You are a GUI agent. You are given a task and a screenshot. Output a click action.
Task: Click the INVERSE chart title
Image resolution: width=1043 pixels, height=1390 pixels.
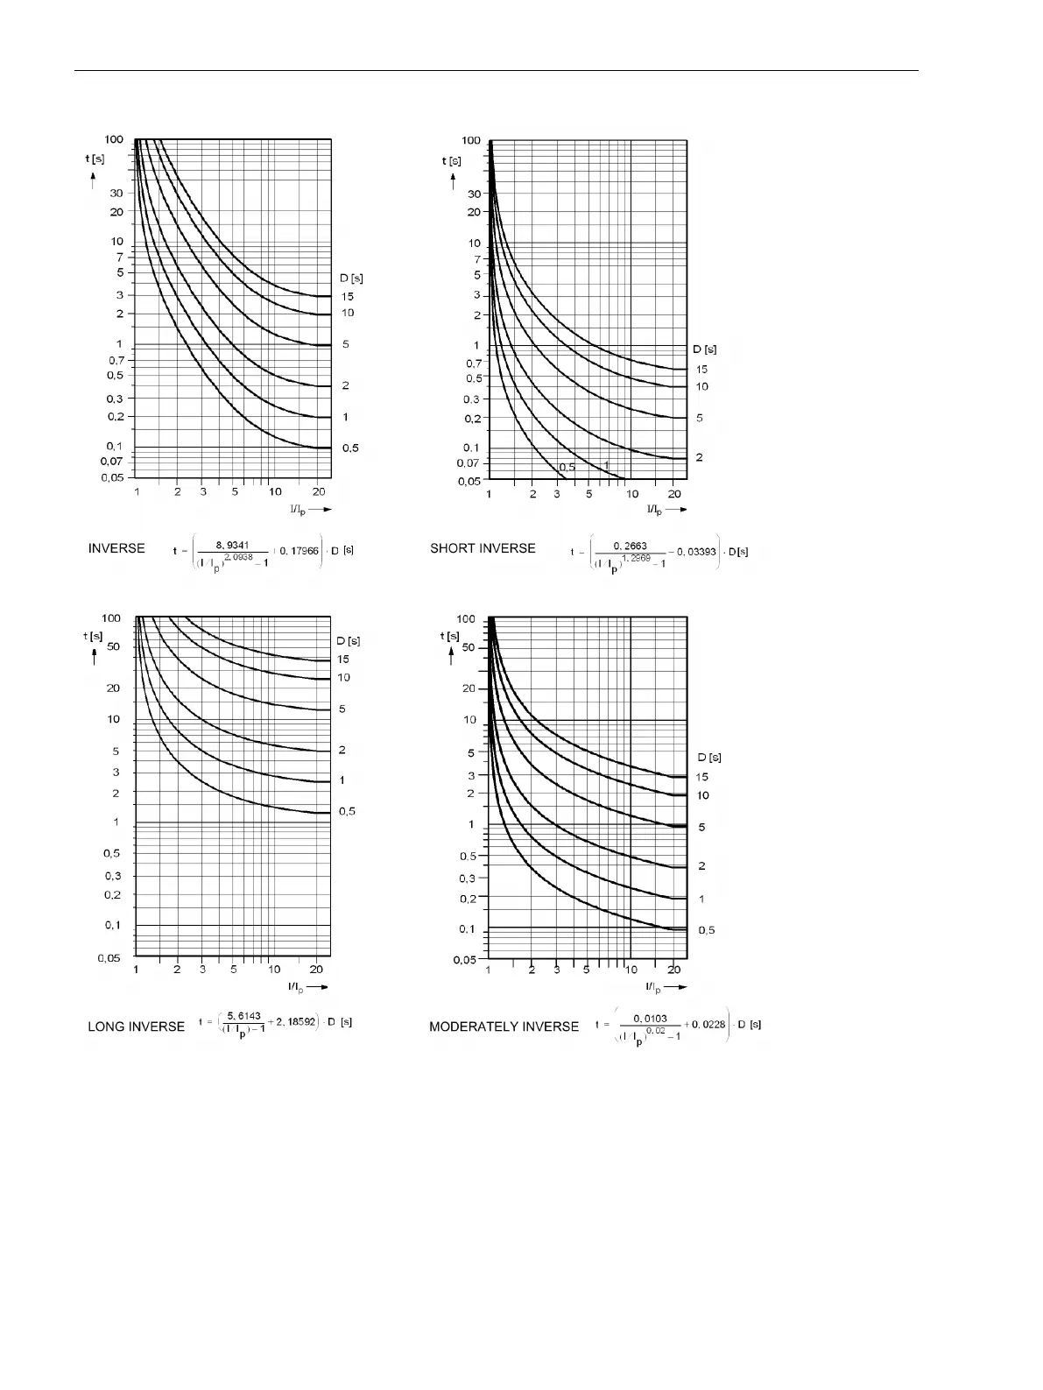coord(116,548)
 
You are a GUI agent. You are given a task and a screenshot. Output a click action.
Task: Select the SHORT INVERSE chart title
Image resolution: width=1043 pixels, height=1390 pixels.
coord(483,548)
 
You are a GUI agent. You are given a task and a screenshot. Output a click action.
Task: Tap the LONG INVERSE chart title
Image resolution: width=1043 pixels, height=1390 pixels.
coord(137,1026)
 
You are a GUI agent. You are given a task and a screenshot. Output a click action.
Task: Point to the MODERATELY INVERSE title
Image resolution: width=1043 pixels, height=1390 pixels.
coord(504,1026)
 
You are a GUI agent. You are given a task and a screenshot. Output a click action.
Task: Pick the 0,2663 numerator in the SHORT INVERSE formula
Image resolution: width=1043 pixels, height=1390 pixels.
coord(630,546)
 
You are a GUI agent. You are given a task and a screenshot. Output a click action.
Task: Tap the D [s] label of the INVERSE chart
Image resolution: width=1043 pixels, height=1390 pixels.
coord(351,279)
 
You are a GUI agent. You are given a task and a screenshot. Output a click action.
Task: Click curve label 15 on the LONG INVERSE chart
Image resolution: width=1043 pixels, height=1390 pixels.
coord(343,659)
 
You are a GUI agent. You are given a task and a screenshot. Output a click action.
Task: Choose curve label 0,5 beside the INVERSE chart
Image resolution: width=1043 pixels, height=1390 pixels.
coord(350,448)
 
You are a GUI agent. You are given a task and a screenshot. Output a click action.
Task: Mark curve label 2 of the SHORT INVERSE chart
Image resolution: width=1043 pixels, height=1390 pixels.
coord(699,457)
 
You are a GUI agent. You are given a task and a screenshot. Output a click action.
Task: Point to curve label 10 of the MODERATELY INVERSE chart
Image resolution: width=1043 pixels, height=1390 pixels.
coord(702,795)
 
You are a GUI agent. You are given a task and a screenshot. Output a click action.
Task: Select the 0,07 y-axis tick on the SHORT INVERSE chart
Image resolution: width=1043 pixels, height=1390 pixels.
coord(472,462)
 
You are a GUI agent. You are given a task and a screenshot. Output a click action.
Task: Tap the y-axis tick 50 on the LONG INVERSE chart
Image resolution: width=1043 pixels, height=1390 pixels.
coord(113,646)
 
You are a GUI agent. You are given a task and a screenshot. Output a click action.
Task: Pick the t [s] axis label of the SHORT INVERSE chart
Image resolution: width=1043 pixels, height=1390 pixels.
coord(452,160)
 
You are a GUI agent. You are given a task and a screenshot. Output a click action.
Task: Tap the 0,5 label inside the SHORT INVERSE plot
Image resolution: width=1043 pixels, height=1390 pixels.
coord(567,467)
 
